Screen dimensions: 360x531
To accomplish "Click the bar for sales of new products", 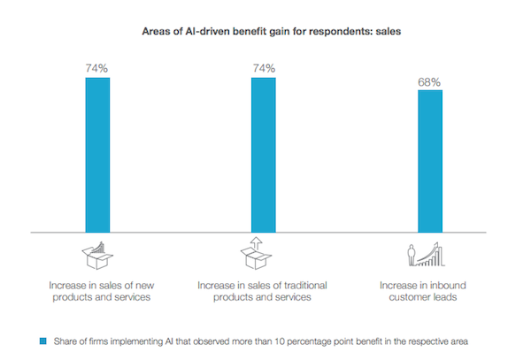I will tap(97, 155).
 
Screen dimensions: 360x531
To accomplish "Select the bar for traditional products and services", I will tap(263, 155).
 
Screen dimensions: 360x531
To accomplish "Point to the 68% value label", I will tap(429, 82).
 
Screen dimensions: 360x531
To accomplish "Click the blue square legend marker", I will tap(42, 339).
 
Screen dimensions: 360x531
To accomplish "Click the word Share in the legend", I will tap(63, 339).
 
